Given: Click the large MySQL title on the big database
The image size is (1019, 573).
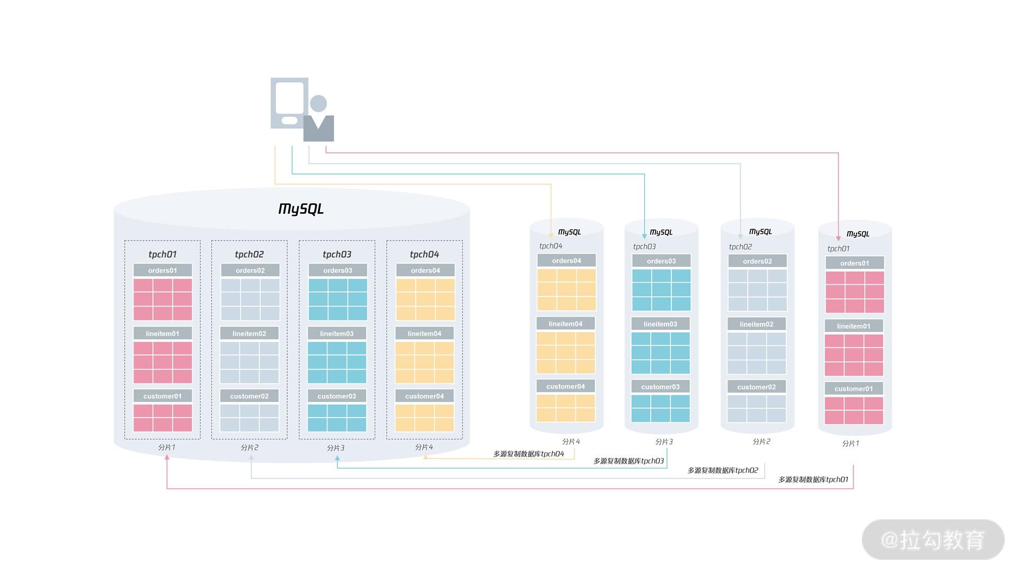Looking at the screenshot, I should pyautogui.click(x=301, y=209).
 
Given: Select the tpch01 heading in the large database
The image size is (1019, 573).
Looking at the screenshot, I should pyautogui.click(x=162, y=254).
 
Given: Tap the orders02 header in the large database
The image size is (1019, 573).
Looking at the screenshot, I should pyautogui.click(x=250, y=271).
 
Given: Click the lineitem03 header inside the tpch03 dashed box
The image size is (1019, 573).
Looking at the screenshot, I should pyautogui.click(x=336, y=334).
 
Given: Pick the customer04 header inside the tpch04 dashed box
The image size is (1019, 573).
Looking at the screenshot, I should pyautogui.click(x=424, y=396).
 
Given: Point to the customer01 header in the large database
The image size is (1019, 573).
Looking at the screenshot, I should pyautogui.click(x=162, y=396).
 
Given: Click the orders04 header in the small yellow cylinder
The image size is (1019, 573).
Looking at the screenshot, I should pyautogui.click(x=566, y=261).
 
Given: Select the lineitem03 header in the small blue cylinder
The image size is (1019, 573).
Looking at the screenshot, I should pyautogui.click(x=660, y=324).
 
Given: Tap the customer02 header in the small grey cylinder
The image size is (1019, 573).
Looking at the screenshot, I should pyautogui.click(x=756, y=387).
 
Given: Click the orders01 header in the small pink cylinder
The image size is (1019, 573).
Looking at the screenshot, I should pyautogui.click(x=854, y=263).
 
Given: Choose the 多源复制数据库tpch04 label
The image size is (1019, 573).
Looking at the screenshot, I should pyautogui.click(x=529, y=454).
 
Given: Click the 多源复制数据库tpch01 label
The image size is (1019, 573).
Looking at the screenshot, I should pyautogui.click(x=813, y=480).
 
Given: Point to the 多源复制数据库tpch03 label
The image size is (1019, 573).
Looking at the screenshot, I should pyautogui.click(x=628, y=461).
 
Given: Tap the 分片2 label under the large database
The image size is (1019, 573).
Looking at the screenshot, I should pyautogui.click(x=249, y=448).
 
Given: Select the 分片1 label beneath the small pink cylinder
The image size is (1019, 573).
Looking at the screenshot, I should pyautogui.click(x=850, y=444).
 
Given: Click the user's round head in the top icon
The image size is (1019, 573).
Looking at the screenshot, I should pyautogui.click(x=318, y=103).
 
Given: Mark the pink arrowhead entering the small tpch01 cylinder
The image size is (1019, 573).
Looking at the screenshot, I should pyautogui.click(x=839, y=238).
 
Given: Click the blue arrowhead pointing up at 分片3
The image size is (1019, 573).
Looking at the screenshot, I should pyautogui.click(x=337, y=458).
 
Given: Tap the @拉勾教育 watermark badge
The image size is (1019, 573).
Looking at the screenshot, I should pyautogui.click(x=933, y=540).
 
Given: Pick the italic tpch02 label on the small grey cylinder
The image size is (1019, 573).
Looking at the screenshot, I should pyautogui.click(x=740, y=247).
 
